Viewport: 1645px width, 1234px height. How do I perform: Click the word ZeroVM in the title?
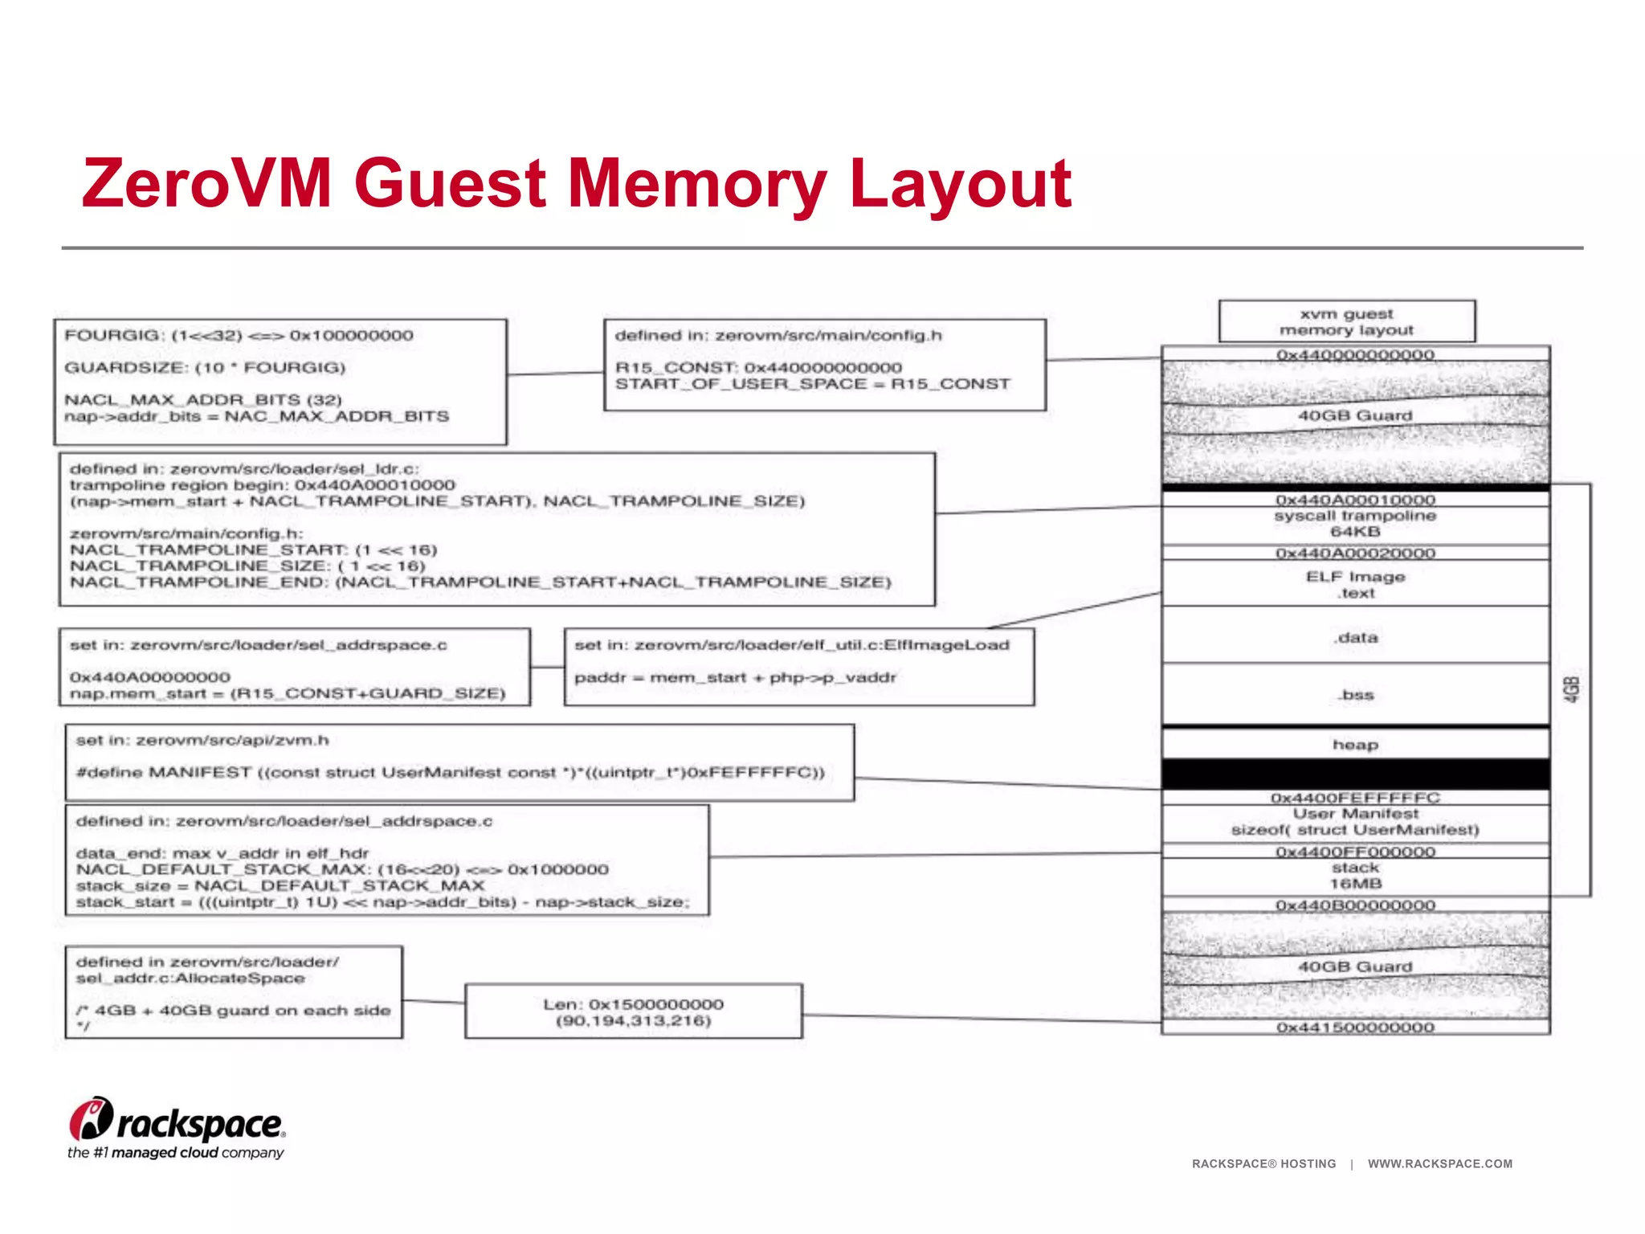point(207,183)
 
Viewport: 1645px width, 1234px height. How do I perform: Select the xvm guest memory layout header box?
point(1346,322)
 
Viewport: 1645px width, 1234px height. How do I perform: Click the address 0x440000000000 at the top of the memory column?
point(1355,354)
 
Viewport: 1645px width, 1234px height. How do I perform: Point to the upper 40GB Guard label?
point(1355,415)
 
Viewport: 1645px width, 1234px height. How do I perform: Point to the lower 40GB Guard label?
point(1355,966)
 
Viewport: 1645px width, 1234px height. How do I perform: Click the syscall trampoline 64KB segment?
point(1355,524)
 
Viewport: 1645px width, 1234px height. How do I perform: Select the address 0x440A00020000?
point(1355,553)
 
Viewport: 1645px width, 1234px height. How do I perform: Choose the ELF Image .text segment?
point(1355,584)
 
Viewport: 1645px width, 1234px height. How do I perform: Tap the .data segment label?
point(1357,637)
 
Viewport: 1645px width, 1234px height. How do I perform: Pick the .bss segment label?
point(1357,695)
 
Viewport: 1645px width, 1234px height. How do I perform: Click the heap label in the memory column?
point(1355,745)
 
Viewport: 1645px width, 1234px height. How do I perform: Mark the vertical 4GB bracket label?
point(1572,689)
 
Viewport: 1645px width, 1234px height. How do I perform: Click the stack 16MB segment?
point(1355,876)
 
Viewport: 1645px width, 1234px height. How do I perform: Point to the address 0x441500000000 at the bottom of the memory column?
point(1355,1028)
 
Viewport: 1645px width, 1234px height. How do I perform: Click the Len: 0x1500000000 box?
point(633,1012)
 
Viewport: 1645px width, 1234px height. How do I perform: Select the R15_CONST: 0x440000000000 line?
point(758,367)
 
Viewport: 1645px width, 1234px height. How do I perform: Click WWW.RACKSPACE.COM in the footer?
point(1439,1163)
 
